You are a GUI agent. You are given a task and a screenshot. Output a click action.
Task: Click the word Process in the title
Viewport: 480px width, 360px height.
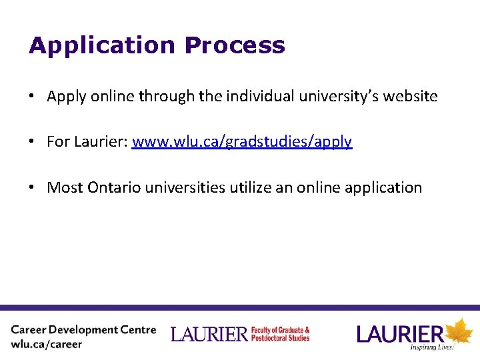[235, 46]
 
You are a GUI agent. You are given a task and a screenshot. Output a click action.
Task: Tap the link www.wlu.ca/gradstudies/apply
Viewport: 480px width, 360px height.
[242, 142]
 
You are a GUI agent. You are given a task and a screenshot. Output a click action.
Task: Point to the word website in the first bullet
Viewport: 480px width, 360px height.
[411, 97]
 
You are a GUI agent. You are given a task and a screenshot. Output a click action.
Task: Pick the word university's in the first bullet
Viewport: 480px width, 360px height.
[338, 97]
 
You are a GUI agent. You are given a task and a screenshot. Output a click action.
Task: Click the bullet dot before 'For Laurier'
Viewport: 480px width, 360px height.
[32, 142]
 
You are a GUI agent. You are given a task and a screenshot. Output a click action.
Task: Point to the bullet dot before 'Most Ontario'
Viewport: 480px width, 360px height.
[32, 187]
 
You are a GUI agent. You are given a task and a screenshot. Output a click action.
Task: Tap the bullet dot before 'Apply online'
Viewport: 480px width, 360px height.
[32, 97]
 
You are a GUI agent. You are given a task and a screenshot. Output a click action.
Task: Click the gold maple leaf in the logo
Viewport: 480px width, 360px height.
[459, 332]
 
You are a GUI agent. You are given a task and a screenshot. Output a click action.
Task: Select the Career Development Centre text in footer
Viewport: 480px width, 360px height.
[83, 330]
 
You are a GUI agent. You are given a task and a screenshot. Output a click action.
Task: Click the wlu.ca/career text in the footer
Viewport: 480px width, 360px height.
[47, 345]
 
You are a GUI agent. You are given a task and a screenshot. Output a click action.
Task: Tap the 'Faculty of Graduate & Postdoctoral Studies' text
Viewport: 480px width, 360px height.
[280, 334]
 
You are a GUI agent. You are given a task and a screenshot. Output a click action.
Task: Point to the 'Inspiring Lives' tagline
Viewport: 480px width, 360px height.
[432, 347]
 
